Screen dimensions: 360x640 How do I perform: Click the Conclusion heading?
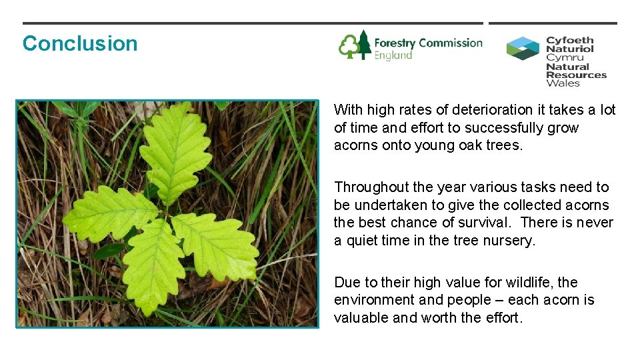pyautogui.click(x=80, y=44)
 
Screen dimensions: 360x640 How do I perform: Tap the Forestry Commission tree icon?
pyautogui.click(x=355, y=45)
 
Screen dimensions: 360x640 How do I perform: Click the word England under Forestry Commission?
pyautogui.click(x=393, y=56)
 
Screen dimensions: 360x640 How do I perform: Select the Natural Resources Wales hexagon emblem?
pyautogui.click(x=523, y=49)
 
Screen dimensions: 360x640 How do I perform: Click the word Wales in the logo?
pyautogui.click(x=563, y=83)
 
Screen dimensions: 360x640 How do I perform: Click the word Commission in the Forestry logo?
pyautogui.click(x=450, y=43)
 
